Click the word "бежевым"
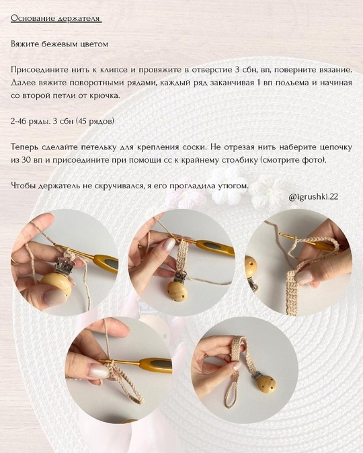[x=59, y=44]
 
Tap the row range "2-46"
[x=18, y=121]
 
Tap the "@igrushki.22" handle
[x=313, y=197]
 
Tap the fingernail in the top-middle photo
[x=169, y=245]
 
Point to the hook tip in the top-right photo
[x=280, y=233]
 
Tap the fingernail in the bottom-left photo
[x=99, y=370]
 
